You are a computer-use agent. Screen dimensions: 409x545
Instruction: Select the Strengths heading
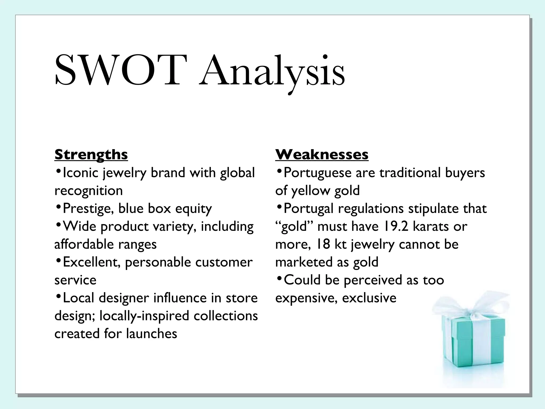[91, 154]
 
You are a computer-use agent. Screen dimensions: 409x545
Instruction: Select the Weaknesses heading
[322, 154]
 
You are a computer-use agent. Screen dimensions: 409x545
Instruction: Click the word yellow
[310, 191]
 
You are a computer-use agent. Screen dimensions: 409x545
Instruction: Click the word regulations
[371, 208]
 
